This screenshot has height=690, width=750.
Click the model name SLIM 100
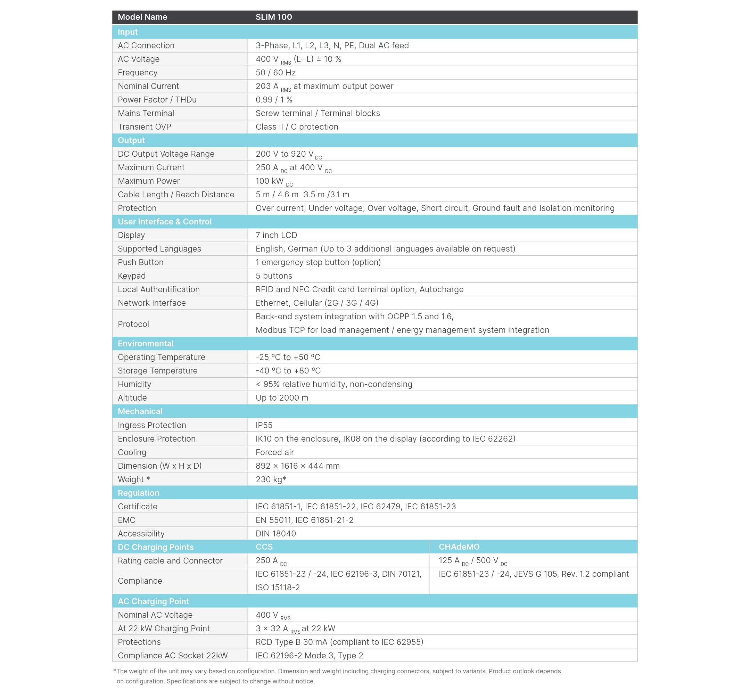(274, 17)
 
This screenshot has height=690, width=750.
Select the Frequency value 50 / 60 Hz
(275, 73)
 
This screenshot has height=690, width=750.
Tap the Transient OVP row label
(145, 127)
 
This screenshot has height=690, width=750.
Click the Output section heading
(131, 140)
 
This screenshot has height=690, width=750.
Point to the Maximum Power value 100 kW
(274, 181)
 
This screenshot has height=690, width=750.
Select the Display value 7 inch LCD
(276, 235)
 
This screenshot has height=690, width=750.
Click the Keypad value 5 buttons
(274, 276)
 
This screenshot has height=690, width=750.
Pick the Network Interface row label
(151, 303)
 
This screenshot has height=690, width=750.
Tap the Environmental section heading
(146, 344)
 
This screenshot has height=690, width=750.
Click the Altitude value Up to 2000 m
(282, 398)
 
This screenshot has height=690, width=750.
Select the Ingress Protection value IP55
(264, 425)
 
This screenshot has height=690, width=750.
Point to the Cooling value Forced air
(274, 453)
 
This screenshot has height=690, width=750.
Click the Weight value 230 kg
(271, 480)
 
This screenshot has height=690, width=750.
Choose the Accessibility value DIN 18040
(275, 534)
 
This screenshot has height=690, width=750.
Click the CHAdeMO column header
(459, 547)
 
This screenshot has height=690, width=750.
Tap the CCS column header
(264, 547)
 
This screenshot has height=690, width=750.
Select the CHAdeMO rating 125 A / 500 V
(473, 561)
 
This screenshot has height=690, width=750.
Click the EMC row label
(126, 520)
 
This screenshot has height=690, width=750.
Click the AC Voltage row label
(139, 59)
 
